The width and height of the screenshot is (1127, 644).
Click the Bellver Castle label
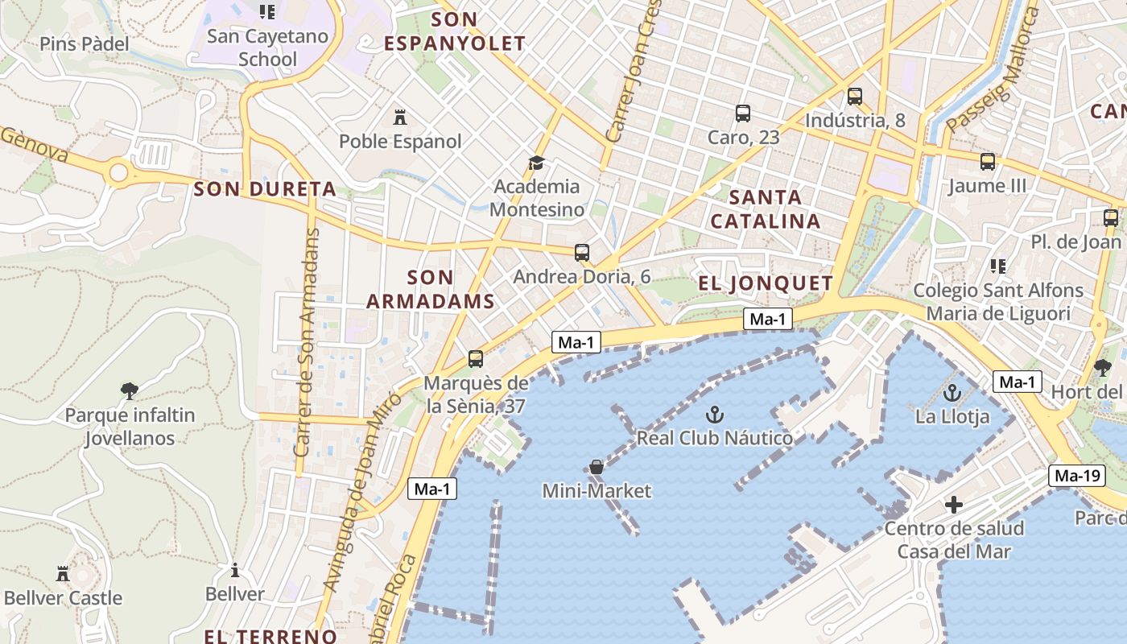tap(63, 598)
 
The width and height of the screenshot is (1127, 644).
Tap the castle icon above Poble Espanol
tap(399, 118)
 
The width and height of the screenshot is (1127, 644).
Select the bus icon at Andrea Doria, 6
tap(582, 253)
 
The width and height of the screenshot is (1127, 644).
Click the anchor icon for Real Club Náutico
tap(714, 415)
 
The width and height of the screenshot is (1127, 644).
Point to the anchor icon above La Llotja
tap(952, 394)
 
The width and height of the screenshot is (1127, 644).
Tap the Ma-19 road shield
tap(1077, 476)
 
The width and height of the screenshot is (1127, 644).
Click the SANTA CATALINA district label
tap(766, 208)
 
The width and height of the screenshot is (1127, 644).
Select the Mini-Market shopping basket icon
tap(597, 467)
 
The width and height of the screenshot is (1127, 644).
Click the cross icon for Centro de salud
tap(954, 505)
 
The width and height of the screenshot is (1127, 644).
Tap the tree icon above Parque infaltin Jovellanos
tap(129, 391)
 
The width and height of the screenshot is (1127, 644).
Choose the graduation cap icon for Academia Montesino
tap(536, 163)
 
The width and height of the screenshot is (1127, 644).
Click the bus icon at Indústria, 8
tap(855, 97)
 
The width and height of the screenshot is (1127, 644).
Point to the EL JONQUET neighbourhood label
tap(765, 283)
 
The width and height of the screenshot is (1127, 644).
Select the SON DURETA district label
tap(265, 189)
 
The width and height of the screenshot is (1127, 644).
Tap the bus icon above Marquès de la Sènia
tap(476, 359)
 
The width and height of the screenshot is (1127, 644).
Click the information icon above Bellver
tap(234, 570)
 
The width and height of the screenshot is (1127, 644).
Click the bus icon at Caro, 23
tap(743, 114)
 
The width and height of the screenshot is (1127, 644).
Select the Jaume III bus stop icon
tap(988, 162)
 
